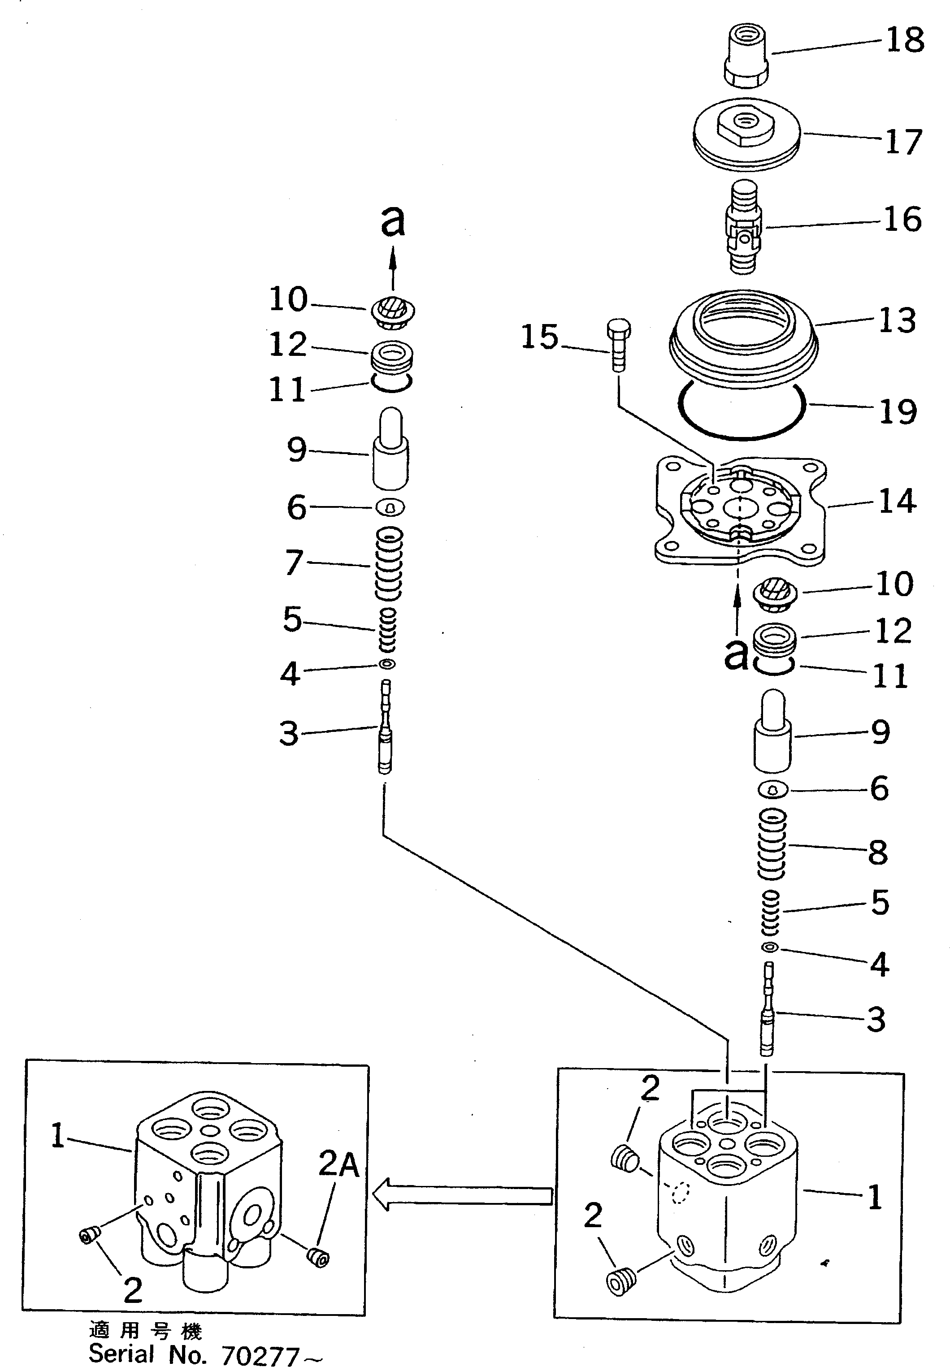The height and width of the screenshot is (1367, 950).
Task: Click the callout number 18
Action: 905,40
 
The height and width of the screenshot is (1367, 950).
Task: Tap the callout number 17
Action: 903,142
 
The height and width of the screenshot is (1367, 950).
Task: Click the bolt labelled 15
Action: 618,345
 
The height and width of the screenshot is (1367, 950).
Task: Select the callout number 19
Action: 898,412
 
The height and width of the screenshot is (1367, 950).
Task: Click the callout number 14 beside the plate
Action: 897,501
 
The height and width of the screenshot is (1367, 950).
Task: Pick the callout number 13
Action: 897,321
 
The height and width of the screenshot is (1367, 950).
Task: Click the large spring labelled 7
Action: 389,563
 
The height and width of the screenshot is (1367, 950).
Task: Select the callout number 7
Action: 294,562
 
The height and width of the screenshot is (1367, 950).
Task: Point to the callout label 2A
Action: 338,1164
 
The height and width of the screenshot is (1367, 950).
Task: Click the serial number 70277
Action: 260,1356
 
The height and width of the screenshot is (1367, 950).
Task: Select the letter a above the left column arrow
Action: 392,221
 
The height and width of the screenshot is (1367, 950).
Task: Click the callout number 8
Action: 877,852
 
